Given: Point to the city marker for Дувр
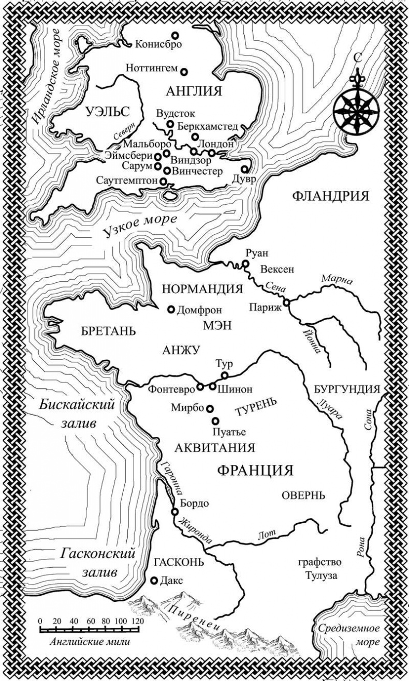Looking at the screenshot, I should (245, 169).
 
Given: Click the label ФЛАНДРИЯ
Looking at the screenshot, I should (331, 196).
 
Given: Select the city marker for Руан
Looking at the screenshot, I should (245, 264).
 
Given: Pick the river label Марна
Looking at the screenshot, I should (337, 280).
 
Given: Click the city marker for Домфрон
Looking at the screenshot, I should (170, 310).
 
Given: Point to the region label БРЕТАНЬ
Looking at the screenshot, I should (109, 331).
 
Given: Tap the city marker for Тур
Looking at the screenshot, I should (225, 375).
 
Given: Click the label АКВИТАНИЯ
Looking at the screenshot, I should (215, 448).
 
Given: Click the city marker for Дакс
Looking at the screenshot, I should (154, 581).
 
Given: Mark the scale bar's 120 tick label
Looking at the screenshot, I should (137, 621).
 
